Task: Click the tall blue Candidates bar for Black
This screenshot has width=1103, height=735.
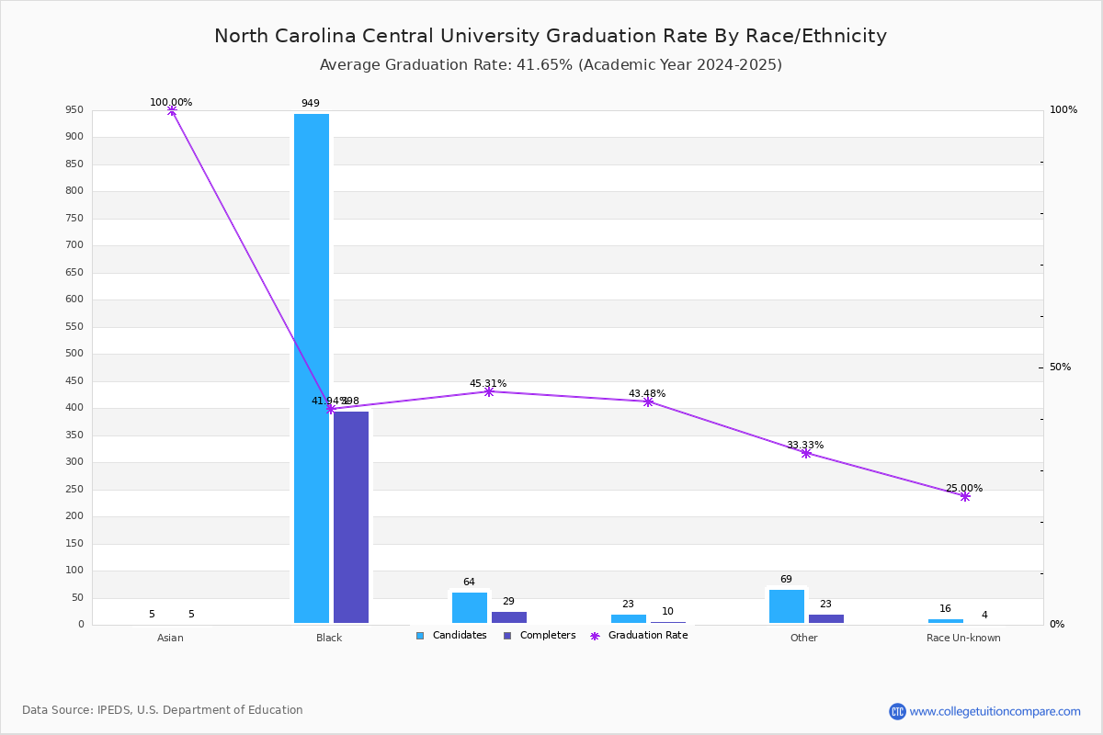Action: click(312, 367)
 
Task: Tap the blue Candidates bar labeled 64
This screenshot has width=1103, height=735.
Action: click(470, 607)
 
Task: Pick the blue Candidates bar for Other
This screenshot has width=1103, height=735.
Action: click(787, 606)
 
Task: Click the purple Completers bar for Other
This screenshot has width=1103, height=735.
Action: click(826, 618)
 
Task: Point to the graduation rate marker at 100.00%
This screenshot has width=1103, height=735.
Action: click(171, 110)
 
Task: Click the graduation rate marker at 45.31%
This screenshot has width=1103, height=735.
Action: click(488, 391)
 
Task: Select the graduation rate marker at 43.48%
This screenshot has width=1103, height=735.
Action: click(648, 401)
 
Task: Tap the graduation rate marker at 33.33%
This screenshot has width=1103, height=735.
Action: click(806, 453)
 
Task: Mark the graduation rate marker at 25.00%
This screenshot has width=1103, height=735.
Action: click(965, 496)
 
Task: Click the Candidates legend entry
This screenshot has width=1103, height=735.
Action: click(451, 636)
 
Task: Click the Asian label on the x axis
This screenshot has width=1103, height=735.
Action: click(170, 638)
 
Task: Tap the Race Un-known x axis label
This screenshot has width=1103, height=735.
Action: click(963, 638)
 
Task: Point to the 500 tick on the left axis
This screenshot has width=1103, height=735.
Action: click(74, 354)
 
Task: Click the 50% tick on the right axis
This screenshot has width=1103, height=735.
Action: click(1060, 367)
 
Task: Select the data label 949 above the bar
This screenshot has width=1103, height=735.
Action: click(311, 103)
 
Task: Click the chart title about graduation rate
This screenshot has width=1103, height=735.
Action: click(551, 36)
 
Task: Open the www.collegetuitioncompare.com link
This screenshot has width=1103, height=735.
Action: click(995, 711)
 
